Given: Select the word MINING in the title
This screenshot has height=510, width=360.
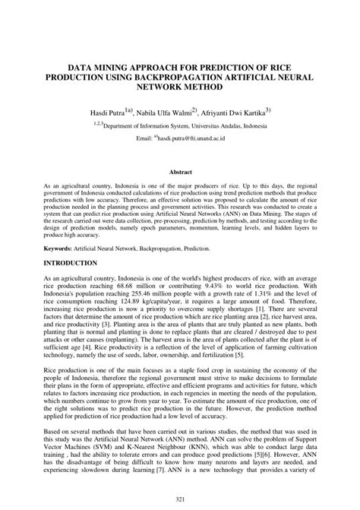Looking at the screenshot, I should point(115,67).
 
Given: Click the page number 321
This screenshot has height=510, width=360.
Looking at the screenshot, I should point(180,497).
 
